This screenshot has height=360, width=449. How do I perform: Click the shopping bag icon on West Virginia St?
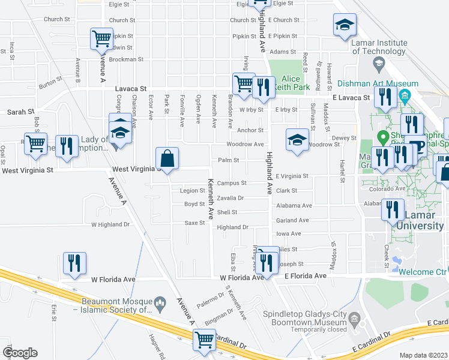(167, 159)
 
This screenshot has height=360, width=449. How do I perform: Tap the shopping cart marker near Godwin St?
(101, 39)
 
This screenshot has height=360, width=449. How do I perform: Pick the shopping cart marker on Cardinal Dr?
(204, 340)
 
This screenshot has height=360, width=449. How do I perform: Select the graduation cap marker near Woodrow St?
(297, 140)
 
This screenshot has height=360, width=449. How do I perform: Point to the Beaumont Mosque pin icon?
(160, 302)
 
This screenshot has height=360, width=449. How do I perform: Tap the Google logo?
(20, 353)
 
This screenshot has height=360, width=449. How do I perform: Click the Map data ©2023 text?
(424, 355)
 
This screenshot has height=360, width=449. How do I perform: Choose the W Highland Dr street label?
(110, 224)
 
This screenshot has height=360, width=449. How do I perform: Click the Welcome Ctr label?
(423, 271)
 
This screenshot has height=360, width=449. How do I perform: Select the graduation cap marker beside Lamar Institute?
(345, 25)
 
